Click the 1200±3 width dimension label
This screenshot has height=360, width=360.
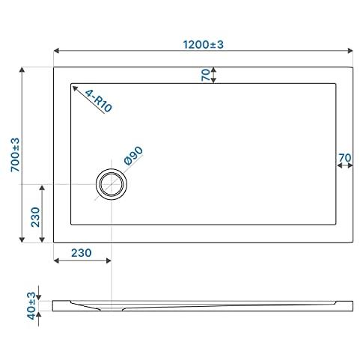(203, 45)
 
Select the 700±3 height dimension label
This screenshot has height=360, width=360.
(15, 155)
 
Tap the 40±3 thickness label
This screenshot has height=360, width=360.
(31, 306)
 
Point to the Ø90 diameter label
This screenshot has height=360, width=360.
(133, 156)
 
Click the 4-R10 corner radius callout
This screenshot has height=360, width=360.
(99, 101)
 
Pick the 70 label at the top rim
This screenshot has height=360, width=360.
(206, 75)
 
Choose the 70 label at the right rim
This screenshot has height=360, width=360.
(345, 158)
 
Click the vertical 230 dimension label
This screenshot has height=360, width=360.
(35, 217)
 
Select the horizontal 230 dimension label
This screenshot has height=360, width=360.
(82, 253)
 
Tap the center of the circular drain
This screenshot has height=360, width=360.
(112, 184)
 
